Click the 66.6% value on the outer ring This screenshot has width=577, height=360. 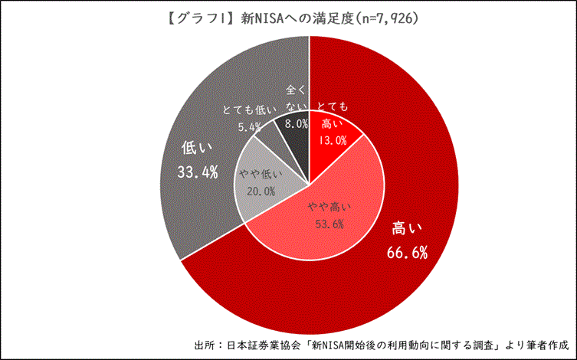click(408, 252)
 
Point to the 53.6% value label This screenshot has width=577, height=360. click(329, 224)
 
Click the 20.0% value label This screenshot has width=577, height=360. click(261, 191)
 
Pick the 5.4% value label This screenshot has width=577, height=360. click(250, 126)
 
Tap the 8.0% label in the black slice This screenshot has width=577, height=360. click(296, 123)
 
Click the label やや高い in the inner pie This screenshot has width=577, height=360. click(329, 207)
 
